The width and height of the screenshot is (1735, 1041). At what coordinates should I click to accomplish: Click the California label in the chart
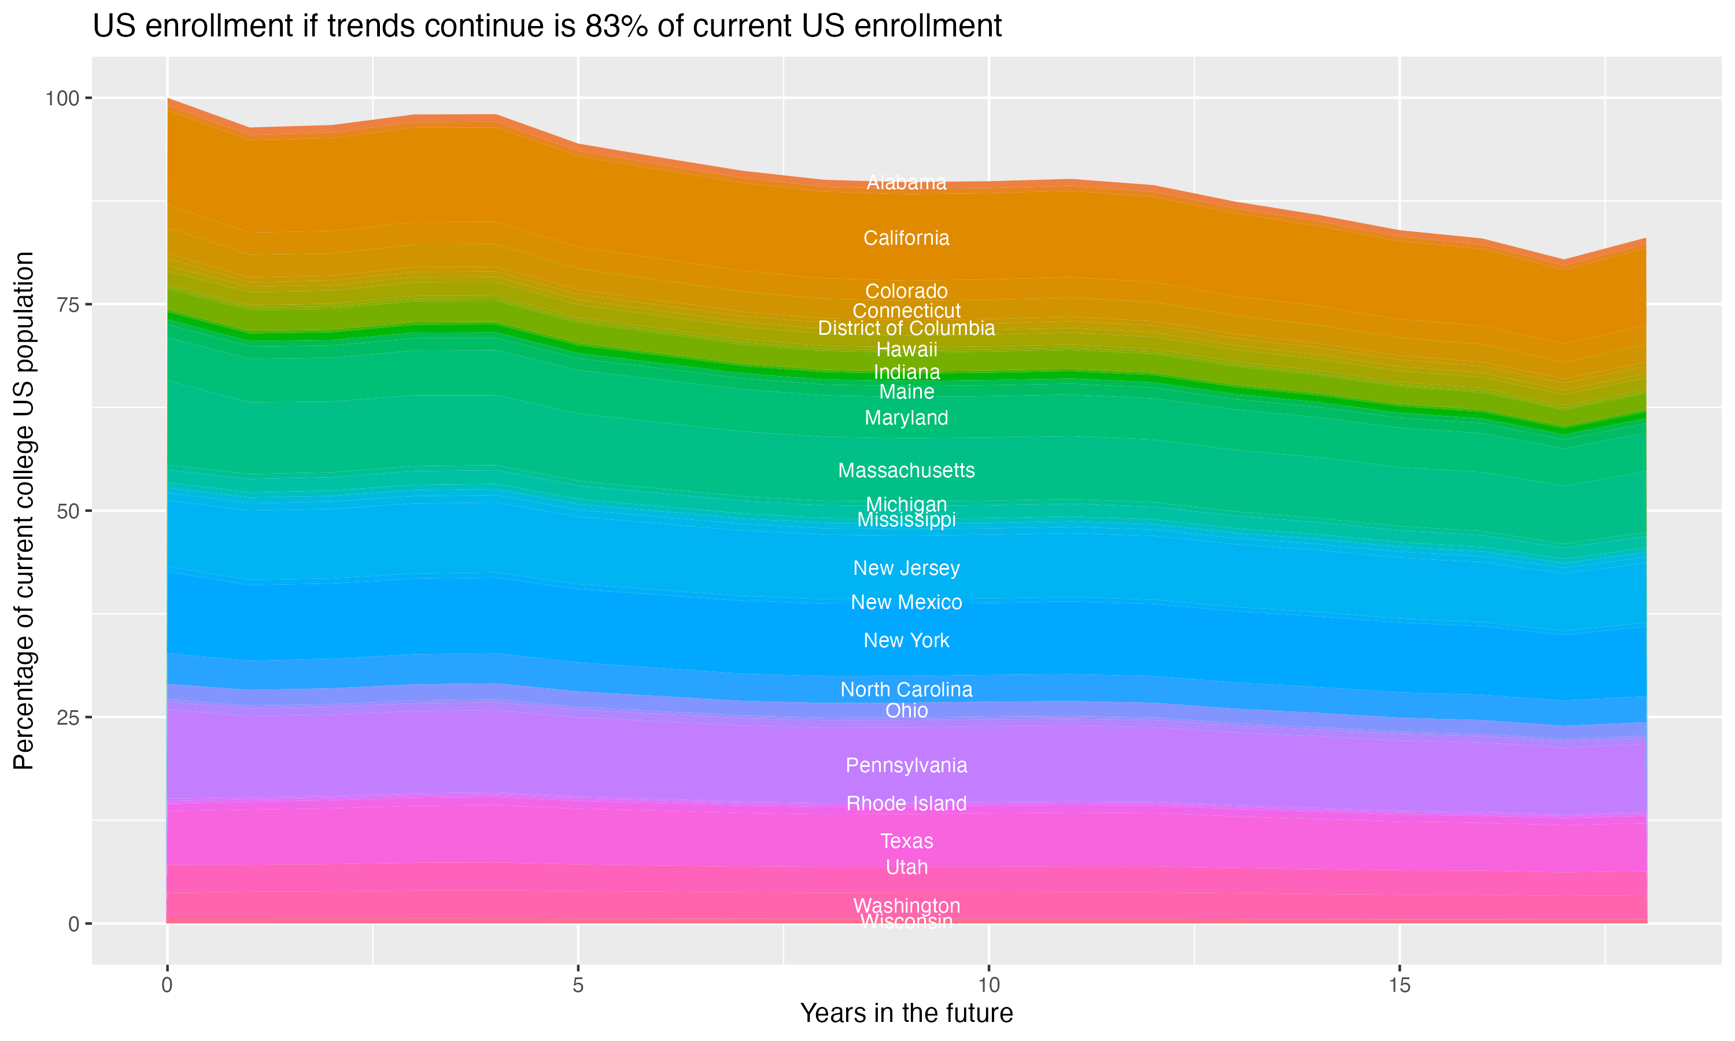point(906,238)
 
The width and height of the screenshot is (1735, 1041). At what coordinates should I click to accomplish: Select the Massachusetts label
point(906,471)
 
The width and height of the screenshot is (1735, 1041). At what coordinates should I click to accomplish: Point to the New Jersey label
point(906,568)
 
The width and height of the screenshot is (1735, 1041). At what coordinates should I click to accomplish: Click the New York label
point(906,640)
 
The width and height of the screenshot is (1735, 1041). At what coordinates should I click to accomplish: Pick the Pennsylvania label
point(906,765)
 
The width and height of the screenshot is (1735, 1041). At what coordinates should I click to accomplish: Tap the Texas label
point(906,841)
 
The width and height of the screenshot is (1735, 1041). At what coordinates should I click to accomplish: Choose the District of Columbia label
point(906,328)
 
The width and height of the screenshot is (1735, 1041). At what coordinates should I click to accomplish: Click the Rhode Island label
point(906,804)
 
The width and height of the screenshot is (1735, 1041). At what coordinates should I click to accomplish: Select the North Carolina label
point(906,689)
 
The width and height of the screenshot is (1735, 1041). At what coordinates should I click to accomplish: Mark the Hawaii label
point(906,349)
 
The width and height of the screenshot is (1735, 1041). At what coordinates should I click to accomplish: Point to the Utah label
point(906,867)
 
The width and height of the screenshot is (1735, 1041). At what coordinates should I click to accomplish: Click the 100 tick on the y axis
point(62,98)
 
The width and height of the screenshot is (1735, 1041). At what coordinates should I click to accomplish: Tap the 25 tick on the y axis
point(67,718)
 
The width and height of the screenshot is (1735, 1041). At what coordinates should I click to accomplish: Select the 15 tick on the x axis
point(1399,985)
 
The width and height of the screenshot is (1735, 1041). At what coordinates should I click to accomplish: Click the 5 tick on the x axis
point(578,985)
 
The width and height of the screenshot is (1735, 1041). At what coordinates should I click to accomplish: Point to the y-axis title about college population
point(24,511)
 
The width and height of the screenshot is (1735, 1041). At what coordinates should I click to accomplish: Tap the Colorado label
point(906,291)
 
